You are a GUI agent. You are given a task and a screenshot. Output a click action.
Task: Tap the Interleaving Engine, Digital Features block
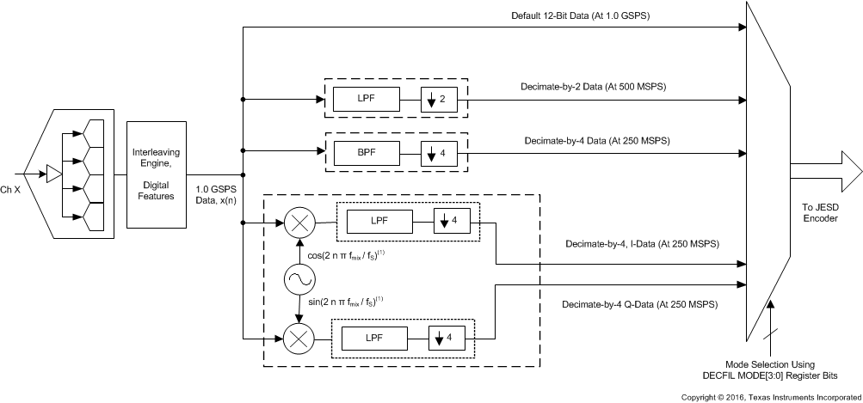156,174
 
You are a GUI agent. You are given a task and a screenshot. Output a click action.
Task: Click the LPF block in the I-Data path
379,223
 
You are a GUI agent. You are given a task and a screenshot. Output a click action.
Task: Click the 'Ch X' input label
12,189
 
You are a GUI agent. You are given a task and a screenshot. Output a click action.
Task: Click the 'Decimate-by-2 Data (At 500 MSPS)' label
595,88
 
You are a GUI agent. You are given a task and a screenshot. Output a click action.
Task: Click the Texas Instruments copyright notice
770,397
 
